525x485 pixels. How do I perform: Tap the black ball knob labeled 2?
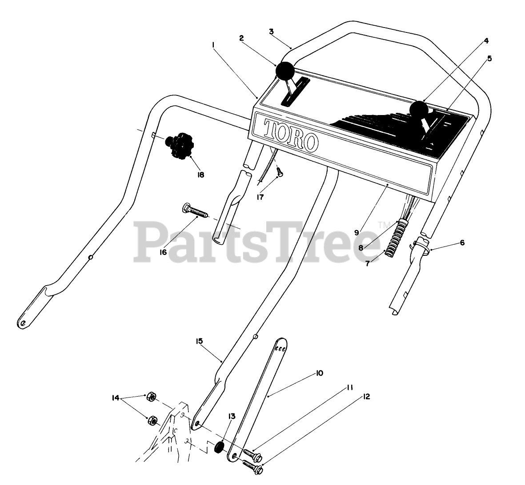(285, 71)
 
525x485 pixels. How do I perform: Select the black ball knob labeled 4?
(419, 108)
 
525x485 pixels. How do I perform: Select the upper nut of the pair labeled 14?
(151, 396)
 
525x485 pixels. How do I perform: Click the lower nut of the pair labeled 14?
(152, 419)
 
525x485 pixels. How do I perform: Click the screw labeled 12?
(252, 467)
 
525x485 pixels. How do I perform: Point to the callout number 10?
(319, 373)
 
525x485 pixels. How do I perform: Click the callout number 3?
(271, 31)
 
